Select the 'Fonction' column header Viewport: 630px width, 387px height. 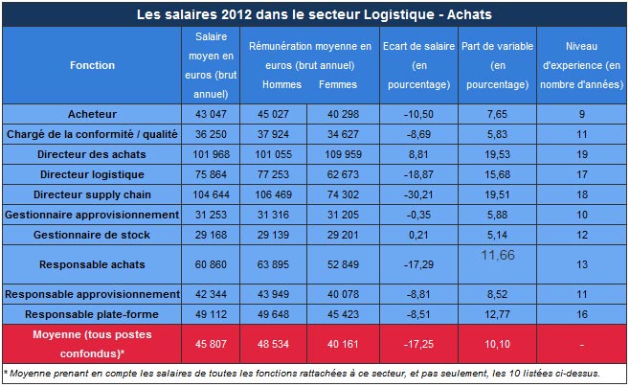click(92, 65)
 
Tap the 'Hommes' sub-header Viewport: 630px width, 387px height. click(281, 84)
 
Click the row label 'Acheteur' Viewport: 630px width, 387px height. click(92, 115)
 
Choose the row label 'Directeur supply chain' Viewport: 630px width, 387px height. click(92, 194)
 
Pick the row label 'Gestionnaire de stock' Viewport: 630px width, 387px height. click(92, 235)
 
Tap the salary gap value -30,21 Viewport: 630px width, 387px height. click(416, 194)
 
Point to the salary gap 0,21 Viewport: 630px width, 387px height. click(416, 235)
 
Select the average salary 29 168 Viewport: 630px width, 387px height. click(211, 235)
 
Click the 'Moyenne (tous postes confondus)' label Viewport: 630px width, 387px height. click(92, 344)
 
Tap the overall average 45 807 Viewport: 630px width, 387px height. click(211, 344)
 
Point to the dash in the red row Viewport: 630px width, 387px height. click(580, 344)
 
